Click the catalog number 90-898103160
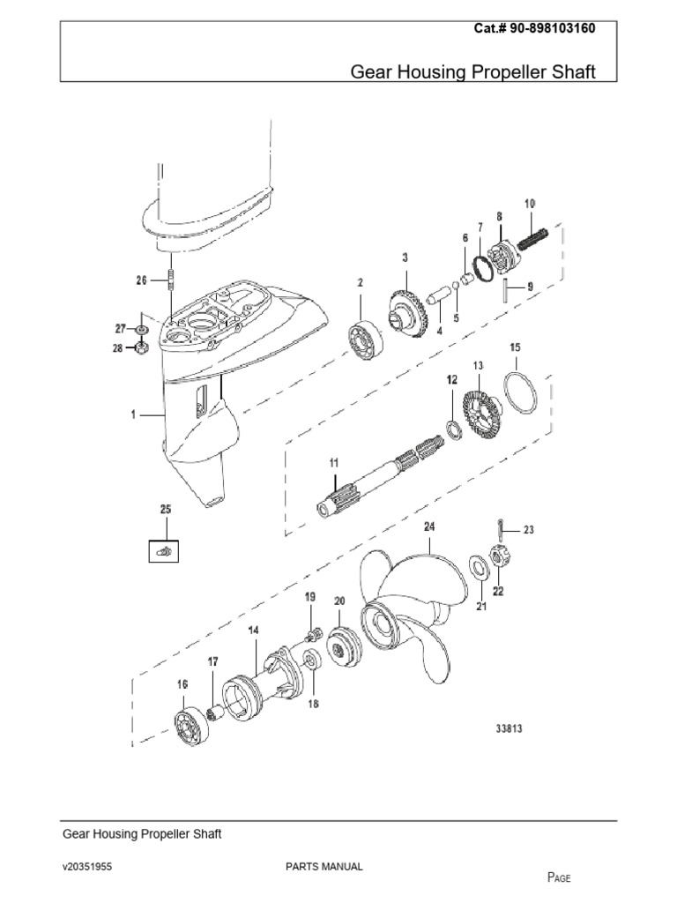coord(547,28)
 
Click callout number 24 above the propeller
coord(429,527)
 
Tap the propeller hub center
coord(382,623)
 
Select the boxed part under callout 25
coord(163,551)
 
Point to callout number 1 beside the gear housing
coord(135,413)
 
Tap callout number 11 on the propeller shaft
coord(334,462)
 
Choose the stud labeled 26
coord(167,283)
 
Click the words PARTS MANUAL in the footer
coord(324,867)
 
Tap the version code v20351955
coord(86,867)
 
